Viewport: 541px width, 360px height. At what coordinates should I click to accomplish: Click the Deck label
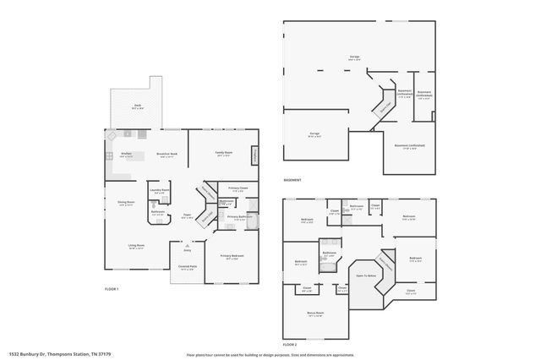point(138,106)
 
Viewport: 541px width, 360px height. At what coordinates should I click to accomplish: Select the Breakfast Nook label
point(166,154)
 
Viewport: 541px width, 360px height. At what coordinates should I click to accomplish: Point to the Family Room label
point(223,154)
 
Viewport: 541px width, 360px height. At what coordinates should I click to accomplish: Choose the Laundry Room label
point(159,191)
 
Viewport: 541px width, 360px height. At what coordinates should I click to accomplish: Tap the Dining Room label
point(125,203)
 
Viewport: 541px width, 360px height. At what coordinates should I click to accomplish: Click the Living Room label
point(135,246)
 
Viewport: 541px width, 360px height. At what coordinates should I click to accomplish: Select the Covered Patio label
point(187,267)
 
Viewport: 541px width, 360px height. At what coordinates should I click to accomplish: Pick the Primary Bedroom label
point(232,255)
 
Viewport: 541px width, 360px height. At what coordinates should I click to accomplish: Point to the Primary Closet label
point(238,188)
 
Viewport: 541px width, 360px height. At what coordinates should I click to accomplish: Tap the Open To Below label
point(365,275)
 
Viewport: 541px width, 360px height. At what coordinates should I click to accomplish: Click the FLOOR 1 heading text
point(112,290)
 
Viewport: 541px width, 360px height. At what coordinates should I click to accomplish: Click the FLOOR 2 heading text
point(290,345)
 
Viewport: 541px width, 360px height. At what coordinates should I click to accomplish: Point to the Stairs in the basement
point(385,106)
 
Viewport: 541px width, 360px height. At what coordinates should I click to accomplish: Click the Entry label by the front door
point(187,250)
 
